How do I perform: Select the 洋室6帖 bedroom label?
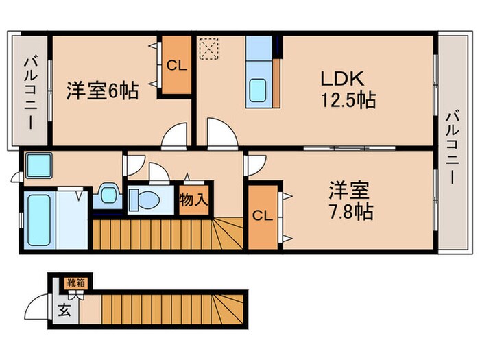(x=102, y=91)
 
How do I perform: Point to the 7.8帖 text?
(x=350, y=213)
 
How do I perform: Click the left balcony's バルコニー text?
(x=31, y=91)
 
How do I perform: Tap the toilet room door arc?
(x=157, y=171)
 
